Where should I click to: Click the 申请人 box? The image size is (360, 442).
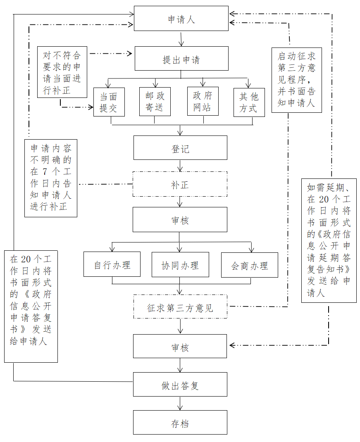(181, 18)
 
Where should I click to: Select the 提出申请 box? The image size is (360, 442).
(181, 59)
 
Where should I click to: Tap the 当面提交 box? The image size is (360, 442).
(109, 102)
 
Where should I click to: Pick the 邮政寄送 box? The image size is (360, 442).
(155, 102)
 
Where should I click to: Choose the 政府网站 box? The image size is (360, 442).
(203, 101)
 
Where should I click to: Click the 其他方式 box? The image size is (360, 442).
(249, 102)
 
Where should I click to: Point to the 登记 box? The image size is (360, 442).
(180, 147)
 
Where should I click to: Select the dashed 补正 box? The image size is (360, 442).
(180, 184)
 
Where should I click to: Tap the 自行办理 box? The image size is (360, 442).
(112, 264)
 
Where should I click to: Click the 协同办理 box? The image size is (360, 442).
(180, 264)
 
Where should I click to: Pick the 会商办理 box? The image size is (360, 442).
(249, 265)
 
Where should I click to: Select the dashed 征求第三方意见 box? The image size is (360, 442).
(180, 307)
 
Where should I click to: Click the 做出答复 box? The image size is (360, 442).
(180, 385)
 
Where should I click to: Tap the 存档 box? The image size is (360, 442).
(180, 422)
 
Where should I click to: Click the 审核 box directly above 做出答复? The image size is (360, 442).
(180, 346)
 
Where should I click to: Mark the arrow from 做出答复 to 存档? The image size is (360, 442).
(180, 403)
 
